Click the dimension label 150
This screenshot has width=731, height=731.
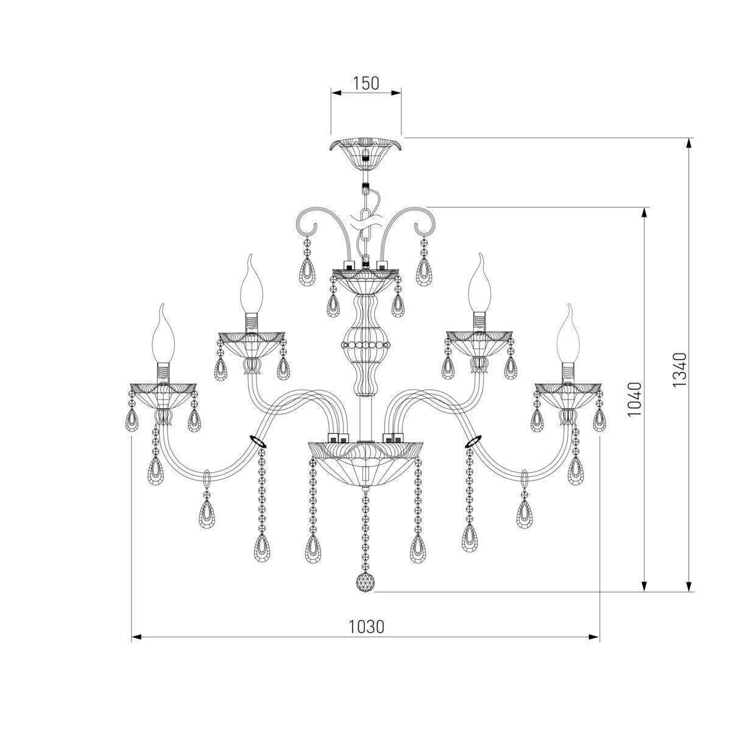click(x=366, y=83)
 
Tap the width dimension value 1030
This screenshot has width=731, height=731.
click(x=366, y=627)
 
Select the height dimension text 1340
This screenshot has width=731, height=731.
click(x=679, y=370)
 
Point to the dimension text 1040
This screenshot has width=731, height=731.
click(x=635, y=399)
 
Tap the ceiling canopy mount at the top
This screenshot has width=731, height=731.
click(x=365, y=154)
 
